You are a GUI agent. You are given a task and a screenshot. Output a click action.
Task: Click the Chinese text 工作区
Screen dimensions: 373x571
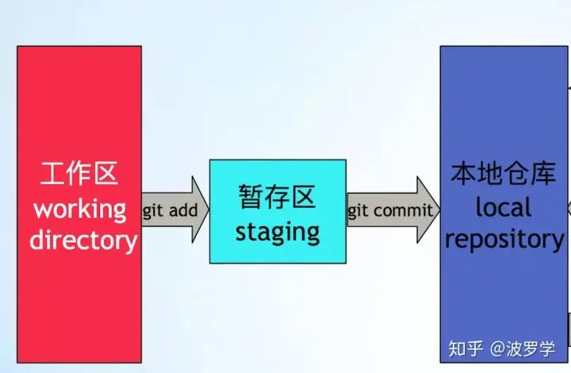point(79,175)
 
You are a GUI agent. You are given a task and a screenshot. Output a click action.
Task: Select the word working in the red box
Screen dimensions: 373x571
point(79,210)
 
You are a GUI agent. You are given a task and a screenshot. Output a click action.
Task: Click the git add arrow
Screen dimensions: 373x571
point(174,211)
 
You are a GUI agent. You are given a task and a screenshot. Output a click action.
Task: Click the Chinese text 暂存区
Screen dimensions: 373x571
point(278,196)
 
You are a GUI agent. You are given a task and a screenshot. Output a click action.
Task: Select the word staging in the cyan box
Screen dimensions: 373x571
point(278,232)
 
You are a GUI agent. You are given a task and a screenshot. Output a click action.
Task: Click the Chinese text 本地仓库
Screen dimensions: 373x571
point(504,173)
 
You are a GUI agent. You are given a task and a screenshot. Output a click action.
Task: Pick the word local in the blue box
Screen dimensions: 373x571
point(504,207)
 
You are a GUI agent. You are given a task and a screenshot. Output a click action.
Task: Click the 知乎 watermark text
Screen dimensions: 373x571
point(464,348)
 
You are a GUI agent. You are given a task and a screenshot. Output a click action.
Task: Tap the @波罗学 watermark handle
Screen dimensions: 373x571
point(523,348)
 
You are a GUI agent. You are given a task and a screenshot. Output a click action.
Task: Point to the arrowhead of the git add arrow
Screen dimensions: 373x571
point(197,211)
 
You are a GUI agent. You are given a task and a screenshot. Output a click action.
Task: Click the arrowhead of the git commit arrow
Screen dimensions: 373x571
point(428,211)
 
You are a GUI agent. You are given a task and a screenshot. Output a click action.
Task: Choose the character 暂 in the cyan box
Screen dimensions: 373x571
point(249,196)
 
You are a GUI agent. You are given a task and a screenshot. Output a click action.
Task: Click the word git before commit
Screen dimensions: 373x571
point(358,211)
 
